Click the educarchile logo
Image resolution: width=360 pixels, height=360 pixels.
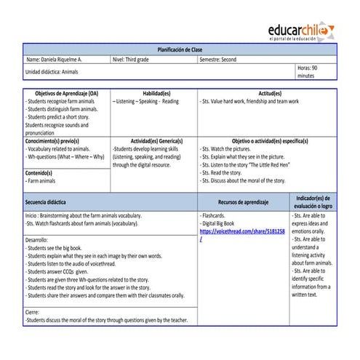302,33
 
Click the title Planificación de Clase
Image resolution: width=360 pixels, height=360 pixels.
180,49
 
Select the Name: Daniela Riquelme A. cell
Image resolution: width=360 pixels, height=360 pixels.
55,60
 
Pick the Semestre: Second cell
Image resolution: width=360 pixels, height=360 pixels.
220,60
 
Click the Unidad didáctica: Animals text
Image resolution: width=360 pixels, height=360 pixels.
52,72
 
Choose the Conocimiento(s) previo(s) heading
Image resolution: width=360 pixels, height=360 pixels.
52,140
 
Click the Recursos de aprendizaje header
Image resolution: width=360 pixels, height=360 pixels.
243,202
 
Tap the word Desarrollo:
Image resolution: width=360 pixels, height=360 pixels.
37,240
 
